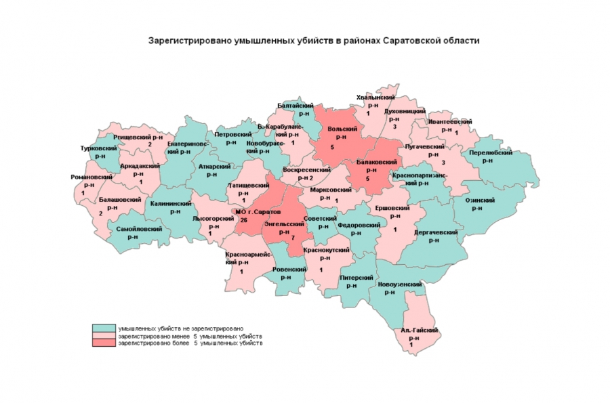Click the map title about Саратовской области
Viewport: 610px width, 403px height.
pyautogui.click(x=314, y=41)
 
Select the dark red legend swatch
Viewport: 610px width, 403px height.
pyautogui.click(x=104, y=343)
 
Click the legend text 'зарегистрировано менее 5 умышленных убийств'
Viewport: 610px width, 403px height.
pyautogui.click(x=190, y=336)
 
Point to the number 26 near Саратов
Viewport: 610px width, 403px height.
pyautogui.click(x=243, y=219)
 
